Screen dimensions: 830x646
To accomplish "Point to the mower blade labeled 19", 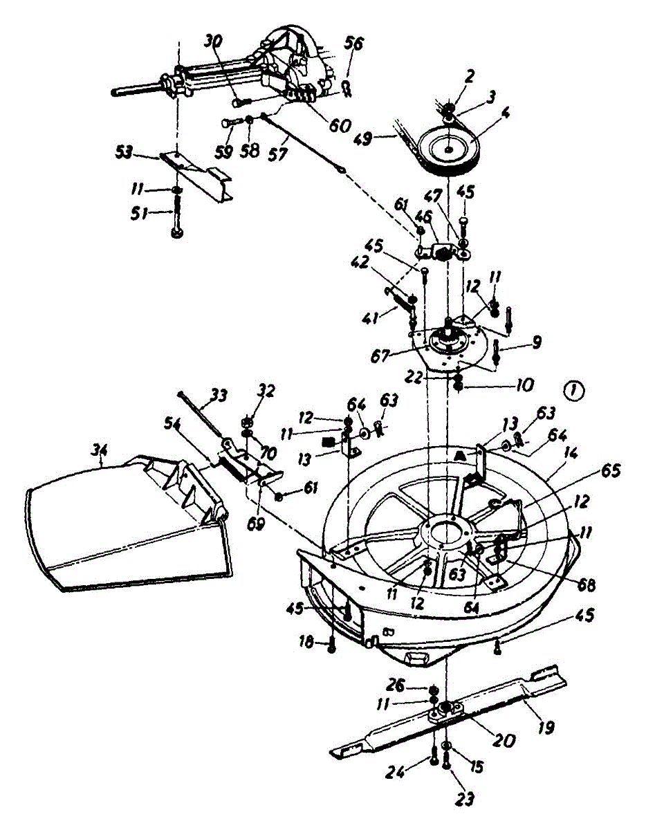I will [x=450, y=712].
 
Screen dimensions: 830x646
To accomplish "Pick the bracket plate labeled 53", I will [x=197, y=173].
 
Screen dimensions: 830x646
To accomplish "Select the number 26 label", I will [x=414, y=685].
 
